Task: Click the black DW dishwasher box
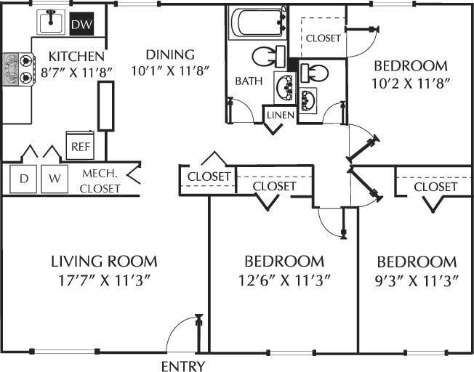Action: click(81, 25)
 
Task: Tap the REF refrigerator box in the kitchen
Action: click(79, 145)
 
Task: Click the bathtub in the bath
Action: click(257, 23)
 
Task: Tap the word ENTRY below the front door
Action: click(182, 365)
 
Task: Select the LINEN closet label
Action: click(280, 116)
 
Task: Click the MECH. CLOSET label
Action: click(100, 181)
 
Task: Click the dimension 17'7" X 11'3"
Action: click(104, 280)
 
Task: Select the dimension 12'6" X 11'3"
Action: click(284, 280)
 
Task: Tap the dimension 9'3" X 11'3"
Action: click(417, 280)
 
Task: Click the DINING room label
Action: click(169, 54)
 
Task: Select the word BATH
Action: click(249, 81)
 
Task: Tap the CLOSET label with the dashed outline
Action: click(323, 38)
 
